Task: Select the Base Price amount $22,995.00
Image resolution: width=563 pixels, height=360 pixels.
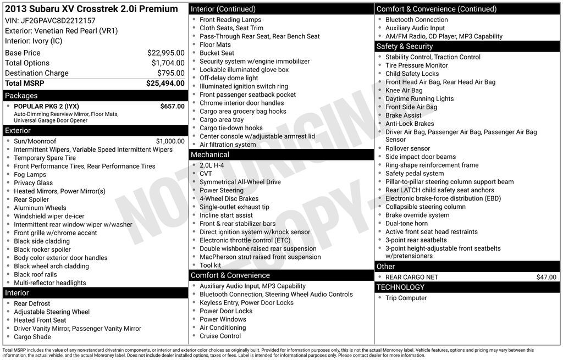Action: click(165, 53)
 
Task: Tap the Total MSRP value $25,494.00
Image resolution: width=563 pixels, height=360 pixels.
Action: click(165, 84)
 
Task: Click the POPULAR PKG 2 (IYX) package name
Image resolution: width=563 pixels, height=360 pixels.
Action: click(46, 106)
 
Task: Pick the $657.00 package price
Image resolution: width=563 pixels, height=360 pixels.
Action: click(172, 106)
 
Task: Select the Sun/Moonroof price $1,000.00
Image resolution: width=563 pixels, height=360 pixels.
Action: click(170, 141)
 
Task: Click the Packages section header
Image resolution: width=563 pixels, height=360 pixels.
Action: click(21, 96)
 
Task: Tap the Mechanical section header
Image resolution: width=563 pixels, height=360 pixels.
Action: click(209, 155)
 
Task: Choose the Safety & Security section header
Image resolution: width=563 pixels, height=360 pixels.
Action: click(405, 47)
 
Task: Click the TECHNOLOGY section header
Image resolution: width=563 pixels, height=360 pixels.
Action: click(400, 287)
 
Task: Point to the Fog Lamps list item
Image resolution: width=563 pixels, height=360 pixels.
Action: click(30, 175)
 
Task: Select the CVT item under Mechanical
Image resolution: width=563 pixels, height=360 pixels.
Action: click(206, 174)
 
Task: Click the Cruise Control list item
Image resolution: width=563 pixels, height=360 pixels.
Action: click(220, 336)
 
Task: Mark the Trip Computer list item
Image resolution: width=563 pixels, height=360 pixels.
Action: click(406, 298)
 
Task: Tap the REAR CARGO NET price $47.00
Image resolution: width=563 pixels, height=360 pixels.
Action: click(546, 278)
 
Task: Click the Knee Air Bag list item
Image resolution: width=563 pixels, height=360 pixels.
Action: click(404, 90)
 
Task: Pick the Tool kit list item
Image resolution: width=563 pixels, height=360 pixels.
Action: click(210, 265)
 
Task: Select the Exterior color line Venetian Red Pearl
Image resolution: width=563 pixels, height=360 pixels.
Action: click(61, 31)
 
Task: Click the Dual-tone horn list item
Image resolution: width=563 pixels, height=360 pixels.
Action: click(406, 224)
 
